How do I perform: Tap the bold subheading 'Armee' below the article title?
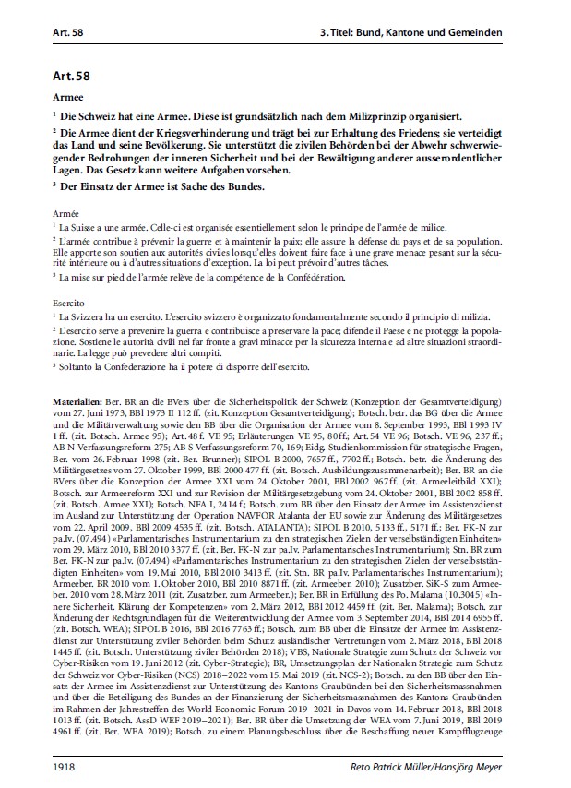click(x=69, y=95)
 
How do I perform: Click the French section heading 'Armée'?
click(x=66, y=212)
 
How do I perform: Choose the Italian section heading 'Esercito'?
click(x=69, y=302)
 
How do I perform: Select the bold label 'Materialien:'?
click(x=77, y=404)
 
